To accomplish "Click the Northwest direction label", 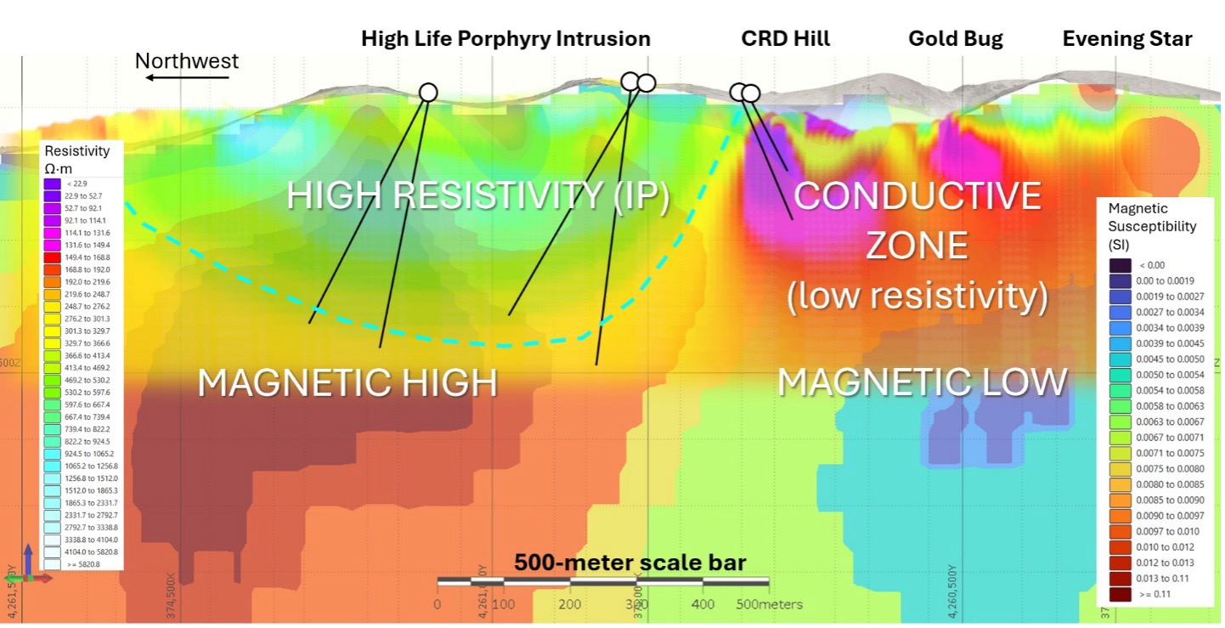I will tap(187, 61).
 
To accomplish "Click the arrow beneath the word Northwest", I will tap(187, 77).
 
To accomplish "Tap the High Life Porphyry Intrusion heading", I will tap(505, 39).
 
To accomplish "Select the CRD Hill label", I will tap(785, 39).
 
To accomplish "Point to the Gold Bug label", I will tap(955, 39).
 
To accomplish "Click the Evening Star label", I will tap(1127, 39).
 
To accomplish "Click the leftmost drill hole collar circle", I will tap(428, 93).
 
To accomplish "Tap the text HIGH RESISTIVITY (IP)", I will tap(477, 196).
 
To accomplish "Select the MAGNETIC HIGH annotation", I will tap(347, 383).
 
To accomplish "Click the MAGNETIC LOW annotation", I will tap(922, 382).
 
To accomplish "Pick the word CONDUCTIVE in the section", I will tap(917, 196).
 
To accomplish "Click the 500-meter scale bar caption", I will tap(629, 563).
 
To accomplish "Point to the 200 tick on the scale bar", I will tap(570, 604).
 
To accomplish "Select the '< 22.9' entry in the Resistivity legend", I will tap(77, 184).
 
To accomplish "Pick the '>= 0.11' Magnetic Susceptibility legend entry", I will tap(1154, 594).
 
